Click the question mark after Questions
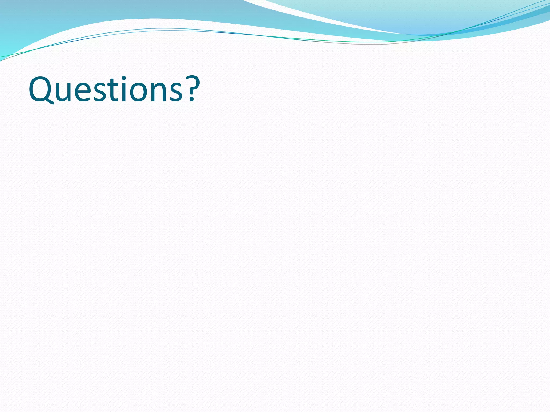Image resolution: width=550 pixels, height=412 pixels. (x=192, y=89)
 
